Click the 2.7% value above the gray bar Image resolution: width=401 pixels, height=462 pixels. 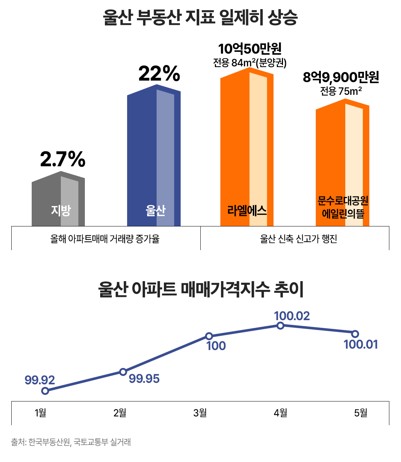coord(63,159)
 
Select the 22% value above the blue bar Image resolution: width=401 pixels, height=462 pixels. coord(159,74)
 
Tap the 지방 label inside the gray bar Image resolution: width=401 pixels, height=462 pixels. coord(61,210)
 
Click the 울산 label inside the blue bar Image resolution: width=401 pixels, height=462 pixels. coord(156,210)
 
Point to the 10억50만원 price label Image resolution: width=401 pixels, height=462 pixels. coord(250,49)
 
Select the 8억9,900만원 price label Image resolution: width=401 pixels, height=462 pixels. coord(341,77)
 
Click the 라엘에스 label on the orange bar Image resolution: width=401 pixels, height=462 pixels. coord(247,210)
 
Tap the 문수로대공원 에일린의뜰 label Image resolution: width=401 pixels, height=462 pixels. coord(343,207)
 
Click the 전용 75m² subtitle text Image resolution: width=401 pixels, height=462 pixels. coord(341,91)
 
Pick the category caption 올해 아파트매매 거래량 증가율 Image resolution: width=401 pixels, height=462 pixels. coord(105,239)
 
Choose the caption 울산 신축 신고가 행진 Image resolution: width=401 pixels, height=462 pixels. coord(298,239)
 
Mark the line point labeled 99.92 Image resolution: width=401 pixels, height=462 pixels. coord(45,391)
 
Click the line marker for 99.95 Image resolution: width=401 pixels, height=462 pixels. coord(123,372)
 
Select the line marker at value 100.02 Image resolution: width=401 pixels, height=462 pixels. coord(280,326)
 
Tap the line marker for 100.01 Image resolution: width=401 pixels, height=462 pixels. coord(355,334)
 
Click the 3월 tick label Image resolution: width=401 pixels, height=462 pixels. coord(200,413)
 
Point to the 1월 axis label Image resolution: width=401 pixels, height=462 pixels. coord(40,413)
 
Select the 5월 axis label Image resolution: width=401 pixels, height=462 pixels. coord(361,413)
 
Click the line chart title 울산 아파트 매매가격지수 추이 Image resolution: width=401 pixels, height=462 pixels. coord(201,290)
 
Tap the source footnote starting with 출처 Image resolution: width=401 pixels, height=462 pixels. coord(71,442)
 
